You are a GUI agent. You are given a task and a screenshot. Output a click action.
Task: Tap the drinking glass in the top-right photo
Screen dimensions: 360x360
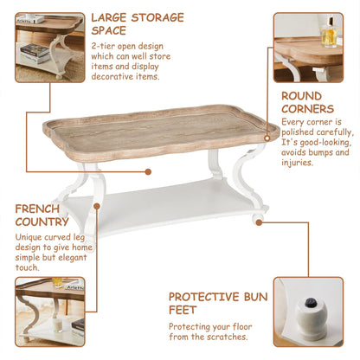point(327,35)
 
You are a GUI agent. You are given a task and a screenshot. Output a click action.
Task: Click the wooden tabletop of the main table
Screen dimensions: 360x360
point(156,130)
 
